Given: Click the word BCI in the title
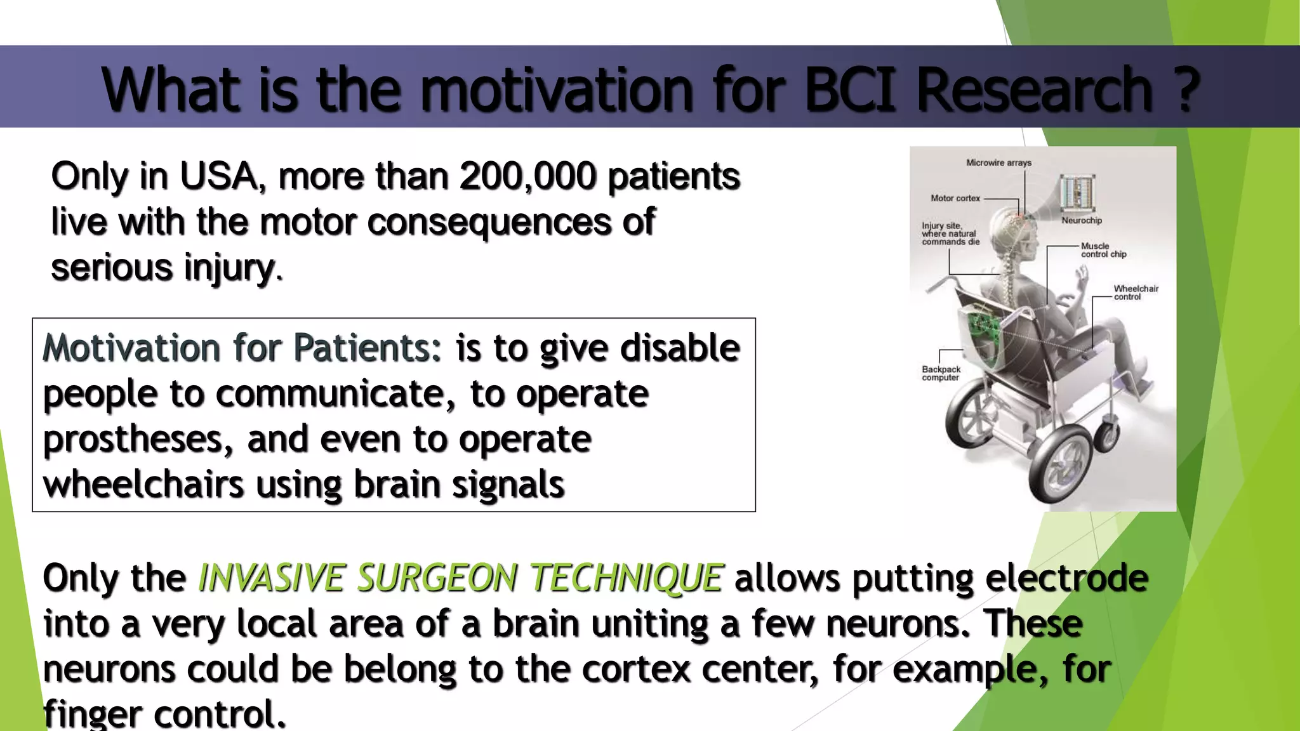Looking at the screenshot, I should tap(851, 89).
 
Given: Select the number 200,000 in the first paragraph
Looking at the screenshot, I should tap(528, 176).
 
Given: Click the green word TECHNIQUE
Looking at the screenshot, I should tap(627, 578).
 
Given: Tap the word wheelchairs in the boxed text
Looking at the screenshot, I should tap(143, 485).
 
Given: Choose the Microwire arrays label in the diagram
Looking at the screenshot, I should tap(998, 163).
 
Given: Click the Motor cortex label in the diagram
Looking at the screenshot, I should tap(955, 199).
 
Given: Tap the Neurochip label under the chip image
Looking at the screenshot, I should tap(1082, 221).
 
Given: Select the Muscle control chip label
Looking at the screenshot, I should tap(1103, 250).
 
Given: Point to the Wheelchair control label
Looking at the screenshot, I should tap(1136, 293).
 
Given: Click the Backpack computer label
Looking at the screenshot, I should tap(941, 373).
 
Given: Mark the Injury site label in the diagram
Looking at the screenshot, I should tap(950, 234).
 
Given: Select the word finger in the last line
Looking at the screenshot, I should tap(92, 715).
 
